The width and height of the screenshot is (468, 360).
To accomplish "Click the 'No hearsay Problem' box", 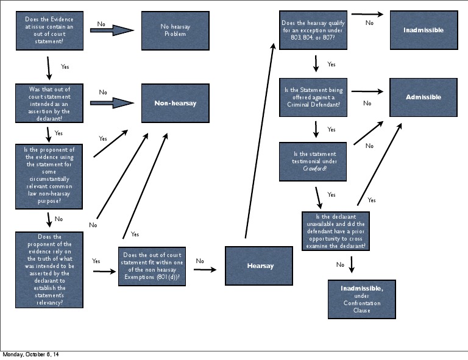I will pyautogui.click(x=175, y=30).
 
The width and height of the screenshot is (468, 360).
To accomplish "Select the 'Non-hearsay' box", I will pyautogui.click(x=175, y=104).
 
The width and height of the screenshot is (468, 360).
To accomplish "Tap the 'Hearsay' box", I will pyautogui.click(x=260, y=266).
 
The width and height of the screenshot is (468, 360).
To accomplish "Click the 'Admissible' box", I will pyautogui.click(x=423, y=97).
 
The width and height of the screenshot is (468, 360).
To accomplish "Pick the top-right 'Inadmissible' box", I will pyautogui.click(x=423, y=30).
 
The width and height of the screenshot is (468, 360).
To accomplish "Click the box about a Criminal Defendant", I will pyautogui.click(x=313, y=97).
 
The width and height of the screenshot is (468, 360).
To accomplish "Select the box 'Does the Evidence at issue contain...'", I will pyautogui.click(x=49, y=30).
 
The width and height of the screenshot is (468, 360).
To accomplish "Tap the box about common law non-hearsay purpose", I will pyautogui.click(x=49, y=176).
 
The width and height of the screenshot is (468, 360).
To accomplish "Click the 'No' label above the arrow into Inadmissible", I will pyautogui.click(x=369, y=23).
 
